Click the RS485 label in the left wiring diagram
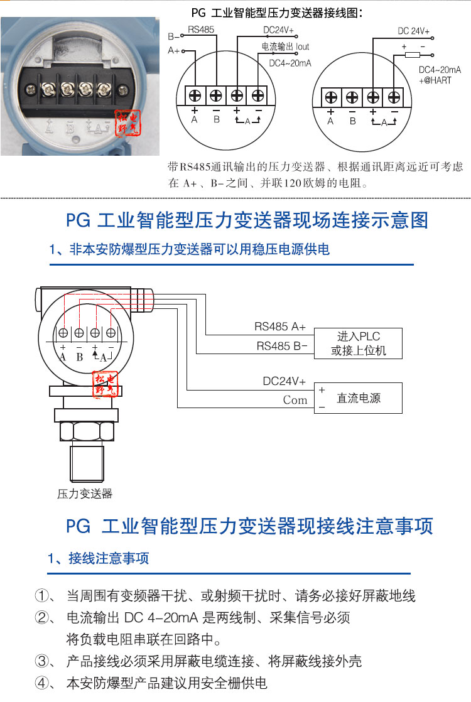pos(200,30)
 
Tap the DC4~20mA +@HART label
pos(440,75)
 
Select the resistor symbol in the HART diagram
pos(412,55)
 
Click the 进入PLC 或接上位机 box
pos(358,343)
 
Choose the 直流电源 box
pos(358,398)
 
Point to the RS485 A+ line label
pos(280,327)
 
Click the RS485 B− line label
pos(282,345)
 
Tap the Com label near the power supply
pos(295,400)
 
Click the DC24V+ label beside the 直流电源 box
pos(284,381)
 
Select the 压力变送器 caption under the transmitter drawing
pos(85,494)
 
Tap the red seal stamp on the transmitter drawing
pos(106,384)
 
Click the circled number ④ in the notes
pos(42,683)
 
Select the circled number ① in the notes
pos(42,596)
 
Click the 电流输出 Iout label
pos(285,46)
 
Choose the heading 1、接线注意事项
pos(99,558)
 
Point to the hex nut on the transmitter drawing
pos(87,432)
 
